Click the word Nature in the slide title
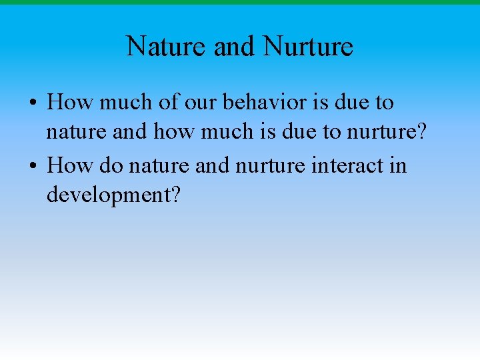[x=167, y=47]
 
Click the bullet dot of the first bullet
[x=33, y=104]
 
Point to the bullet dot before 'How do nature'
[x=33, y=165]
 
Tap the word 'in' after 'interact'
[x=397, y=164]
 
